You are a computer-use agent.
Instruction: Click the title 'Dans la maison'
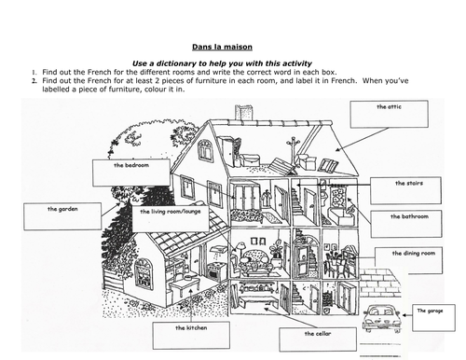222,47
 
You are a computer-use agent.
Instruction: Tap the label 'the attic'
389,107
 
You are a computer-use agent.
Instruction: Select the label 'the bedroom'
131,165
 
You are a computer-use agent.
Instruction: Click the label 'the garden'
62,209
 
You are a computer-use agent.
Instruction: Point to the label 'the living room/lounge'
171,212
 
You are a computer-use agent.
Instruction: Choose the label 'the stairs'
409,183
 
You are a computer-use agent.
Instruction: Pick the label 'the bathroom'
409,216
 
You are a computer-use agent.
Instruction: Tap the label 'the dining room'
414,254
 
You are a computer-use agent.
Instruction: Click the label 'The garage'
430,311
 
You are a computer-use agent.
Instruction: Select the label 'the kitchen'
191,327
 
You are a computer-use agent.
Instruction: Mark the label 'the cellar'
318,334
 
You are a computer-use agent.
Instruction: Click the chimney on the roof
244,113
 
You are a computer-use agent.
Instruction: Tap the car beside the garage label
381,318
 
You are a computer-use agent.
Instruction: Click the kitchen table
185,286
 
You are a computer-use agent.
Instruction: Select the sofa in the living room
254,263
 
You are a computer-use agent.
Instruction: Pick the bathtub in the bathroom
339,216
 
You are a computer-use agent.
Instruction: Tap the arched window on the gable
205,150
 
